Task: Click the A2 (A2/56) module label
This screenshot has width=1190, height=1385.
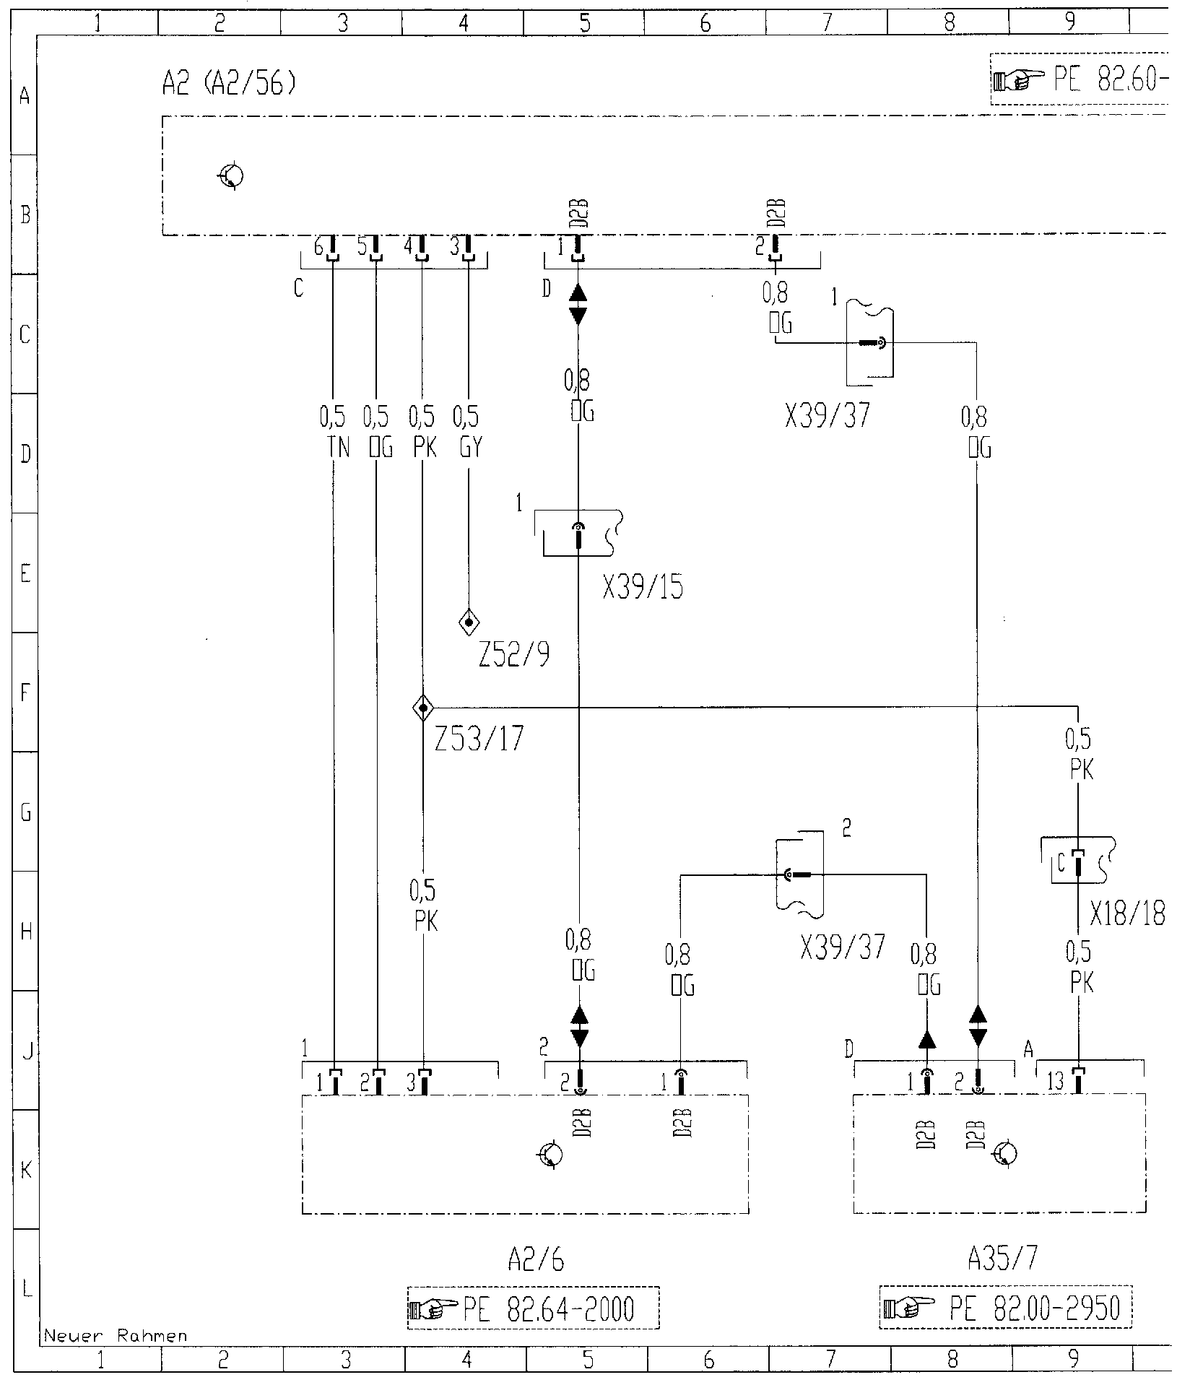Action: coord(230,86)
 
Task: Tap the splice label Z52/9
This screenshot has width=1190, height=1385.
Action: coord(513,655)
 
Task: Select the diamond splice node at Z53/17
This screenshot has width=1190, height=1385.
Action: coord(423,708)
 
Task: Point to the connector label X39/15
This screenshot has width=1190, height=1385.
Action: coord(643,589)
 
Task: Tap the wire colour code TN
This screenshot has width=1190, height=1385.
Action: coord(338,448)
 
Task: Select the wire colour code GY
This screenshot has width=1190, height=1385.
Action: coord(470,448)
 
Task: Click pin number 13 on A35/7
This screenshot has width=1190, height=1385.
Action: coord(1055,1082)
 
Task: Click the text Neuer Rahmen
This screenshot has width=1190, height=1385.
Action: coord(116,1336)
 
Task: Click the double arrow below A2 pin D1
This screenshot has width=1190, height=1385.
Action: coord(578,304)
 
